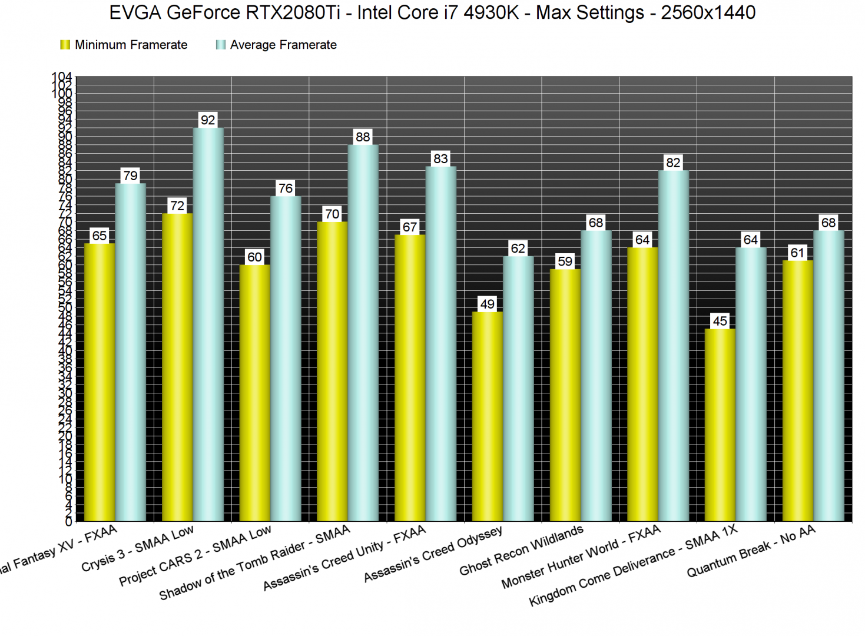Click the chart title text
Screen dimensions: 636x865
(432, 12)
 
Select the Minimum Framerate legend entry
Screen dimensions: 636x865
(124, 45)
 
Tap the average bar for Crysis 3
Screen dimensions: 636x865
(208, 324)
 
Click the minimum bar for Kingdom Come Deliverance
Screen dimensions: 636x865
(720, 425)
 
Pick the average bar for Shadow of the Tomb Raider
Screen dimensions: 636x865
(363, 333)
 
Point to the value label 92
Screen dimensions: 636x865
(208, 120)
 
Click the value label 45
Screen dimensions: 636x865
(720, 321)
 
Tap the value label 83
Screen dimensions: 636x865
(440, 158)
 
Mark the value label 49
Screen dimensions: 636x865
(487, 304)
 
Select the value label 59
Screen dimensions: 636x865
(565, 261)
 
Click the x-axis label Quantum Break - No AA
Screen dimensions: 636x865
(751, 551)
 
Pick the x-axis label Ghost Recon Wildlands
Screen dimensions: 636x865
(521, 550)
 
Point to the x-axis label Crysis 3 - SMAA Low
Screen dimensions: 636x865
(137, 549)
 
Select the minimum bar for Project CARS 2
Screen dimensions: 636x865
(254, 393)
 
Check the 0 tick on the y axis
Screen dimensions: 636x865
(68, 522)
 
